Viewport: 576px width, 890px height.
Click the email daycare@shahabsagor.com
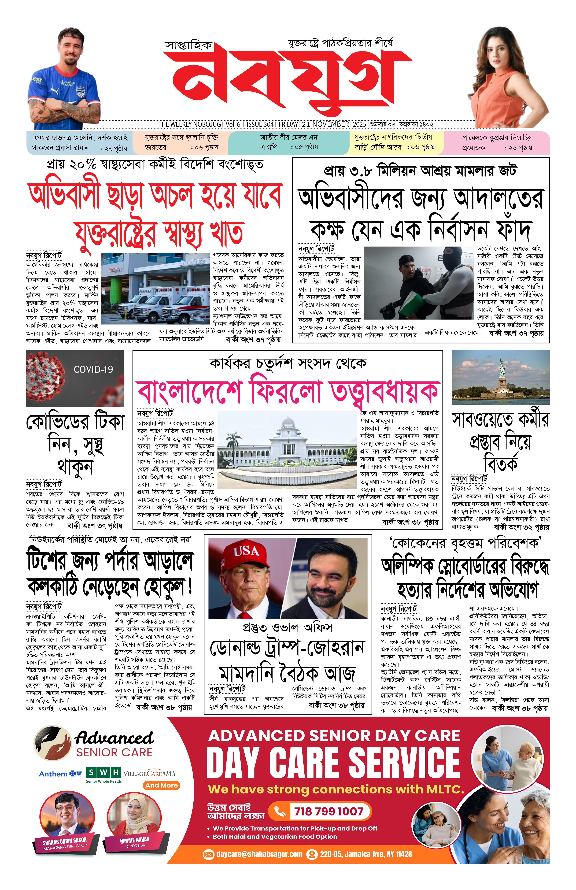click(x=259, y=854)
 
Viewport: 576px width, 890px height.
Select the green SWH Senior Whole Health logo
click(x=104, y=773)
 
